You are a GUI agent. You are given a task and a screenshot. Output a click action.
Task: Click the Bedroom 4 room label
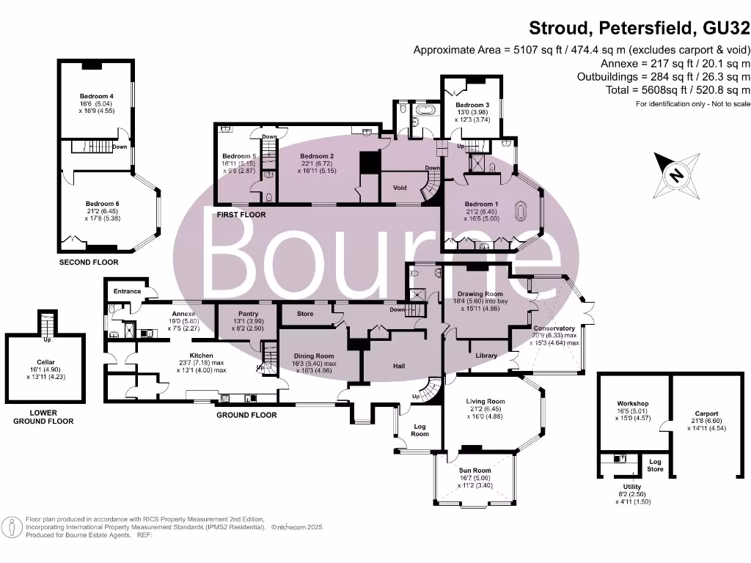point(97,96)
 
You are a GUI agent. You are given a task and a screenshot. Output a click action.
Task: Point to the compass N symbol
point(675,174)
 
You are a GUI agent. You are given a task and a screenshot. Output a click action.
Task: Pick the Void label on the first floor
point(400,188)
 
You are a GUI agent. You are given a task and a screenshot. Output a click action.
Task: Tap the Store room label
point(305,314)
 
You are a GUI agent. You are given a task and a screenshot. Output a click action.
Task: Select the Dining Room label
point(315,356)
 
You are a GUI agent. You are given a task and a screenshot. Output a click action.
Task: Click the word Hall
point(398,367)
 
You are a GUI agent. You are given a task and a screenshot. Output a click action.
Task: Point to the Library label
point(486,356)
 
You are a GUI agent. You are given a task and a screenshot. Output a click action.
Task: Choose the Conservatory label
point(554,328)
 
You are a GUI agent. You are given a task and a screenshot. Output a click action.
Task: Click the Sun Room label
point(475,471)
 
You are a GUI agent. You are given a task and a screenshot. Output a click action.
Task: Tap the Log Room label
point(420,430)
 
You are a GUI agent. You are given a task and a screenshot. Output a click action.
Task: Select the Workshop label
point(632,404)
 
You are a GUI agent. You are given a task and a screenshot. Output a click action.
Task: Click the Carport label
point(707,413)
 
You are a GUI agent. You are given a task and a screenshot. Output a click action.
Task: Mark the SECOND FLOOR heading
point(88,262)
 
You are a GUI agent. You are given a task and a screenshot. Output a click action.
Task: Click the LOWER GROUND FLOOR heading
point(43,417)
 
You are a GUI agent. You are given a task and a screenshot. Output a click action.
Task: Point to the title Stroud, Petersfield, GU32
point(640,29)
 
